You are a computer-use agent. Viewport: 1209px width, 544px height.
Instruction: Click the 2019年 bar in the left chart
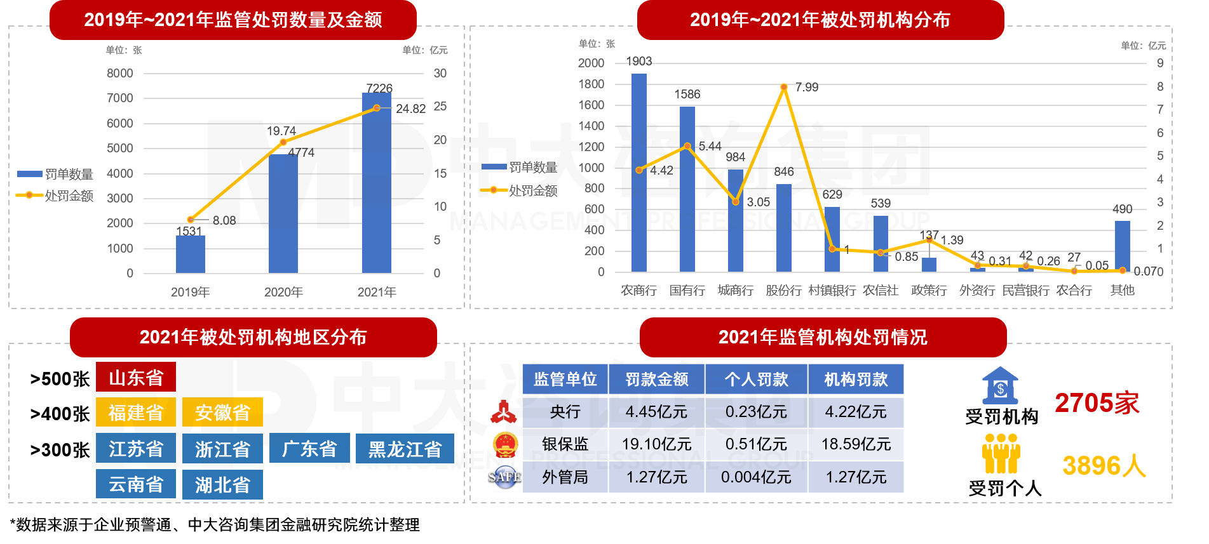190,254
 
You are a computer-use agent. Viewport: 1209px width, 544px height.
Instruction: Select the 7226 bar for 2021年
376,184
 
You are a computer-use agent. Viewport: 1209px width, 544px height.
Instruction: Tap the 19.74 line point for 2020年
283,142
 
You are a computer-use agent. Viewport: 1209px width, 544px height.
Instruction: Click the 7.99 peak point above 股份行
784,87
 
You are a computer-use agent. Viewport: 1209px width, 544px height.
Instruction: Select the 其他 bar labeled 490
1122,246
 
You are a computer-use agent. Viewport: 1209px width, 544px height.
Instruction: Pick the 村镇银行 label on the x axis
832,290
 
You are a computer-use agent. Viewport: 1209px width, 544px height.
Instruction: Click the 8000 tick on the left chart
120,73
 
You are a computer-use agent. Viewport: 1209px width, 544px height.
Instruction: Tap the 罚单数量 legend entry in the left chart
55,174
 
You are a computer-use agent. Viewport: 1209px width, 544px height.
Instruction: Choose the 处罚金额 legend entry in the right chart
519,190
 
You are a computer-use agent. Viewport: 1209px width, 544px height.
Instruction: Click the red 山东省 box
136,378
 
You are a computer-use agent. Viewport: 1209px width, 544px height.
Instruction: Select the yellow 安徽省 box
222,413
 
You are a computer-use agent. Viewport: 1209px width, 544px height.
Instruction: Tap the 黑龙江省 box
405,449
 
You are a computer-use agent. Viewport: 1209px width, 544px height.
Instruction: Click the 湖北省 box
222,485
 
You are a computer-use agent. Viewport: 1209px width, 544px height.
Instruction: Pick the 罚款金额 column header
656,379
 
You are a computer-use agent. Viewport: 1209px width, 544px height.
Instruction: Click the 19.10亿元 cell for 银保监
656,444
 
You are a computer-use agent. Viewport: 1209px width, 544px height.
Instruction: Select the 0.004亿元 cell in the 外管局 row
756,477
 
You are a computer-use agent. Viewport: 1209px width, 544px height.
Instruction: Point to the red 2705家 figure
1097,403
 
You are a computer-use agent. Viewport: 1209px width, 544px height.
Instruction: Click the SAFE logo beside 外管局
504,477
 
